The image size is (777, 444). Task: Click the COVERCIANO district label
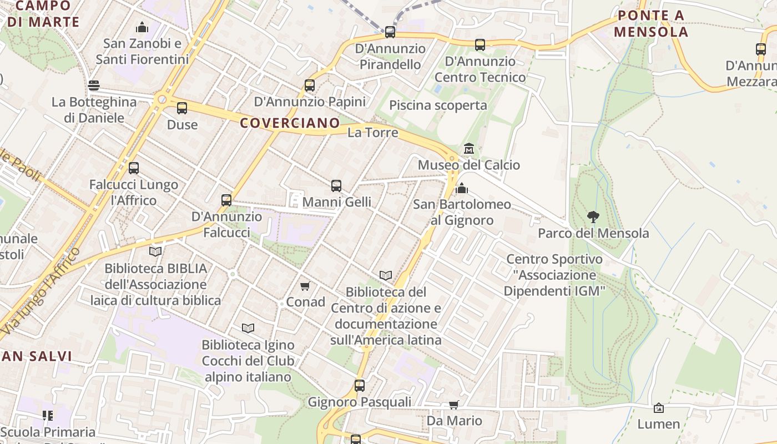(x=290, y=123)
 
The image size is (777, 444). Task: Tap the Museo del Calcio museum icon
(x=469, y=149)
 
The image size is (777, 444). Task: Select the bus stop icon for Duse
(x=182, y=108)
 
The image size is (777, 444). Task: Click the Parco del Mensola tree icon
(x=593, y=217)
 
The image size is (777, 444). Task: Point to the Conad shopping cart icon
(x=305, y=286)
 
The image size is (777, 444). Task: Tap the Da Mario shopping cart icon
(x=454, y=405)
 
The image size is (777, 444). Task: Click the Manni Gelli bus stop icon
(x=336, y=186)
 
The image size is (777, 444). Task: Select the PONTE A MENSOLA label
(x=651, y=23)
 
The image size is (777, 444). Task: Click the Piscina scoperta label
(x=438, y=105)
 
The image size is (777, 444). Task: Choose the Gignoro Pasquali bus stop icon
(x=360, y=386)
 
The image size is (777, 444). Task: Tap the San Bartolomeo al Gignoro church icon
(x=461, y=189)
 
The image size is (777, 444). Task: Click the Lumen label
(x=658, y=424)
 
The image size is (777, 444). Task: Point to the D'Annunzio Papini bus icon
(x=310, y=85)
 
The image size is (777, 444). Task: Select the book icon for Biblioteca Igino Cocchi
(x=248, y=329)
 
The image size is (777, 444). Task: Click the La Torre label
(x=373, y=133)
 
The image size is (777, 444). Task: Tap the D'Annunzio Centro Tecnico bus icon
(x=480, y=45)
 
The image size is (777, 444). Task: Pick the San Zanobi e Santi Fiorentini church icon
(x=143, y=27)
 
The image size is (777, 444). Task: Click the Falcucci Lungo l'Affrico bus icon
(x=134, y=168)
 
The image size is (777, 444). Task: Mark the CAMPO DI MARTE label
(x=43, y=14)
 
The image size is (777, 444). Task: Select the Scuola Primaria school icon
(x=48, y=415)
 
